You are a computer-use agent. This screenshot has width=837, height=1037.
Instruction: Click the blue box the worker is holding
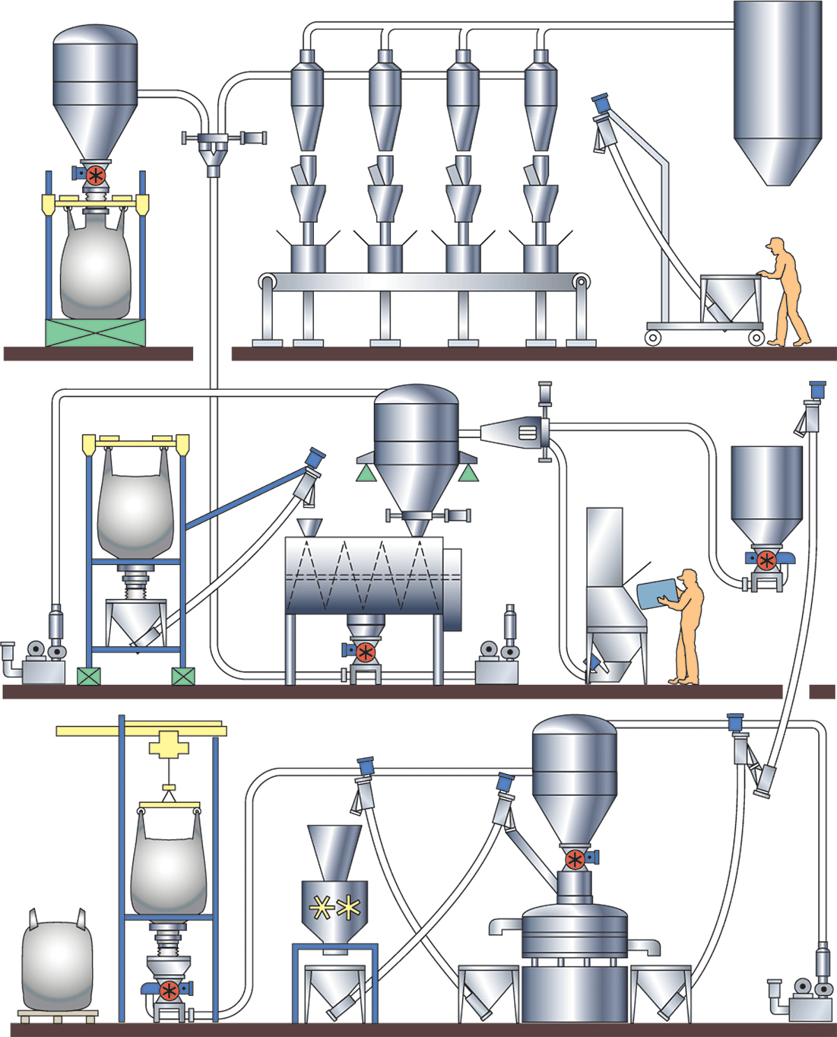click(658, 593)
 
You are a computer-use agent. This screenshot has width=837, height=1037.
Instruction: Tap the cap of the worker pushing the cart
click(774, 243)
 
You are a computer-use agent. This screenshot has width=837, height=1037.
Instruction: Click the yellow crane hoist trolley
click(169, 745)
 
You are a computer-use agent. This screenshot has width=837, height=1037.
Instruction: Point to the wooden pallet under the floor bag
click(58, 1015)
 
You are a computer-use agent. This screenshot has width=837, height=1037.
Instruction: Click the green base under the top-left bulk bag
click(96, 333)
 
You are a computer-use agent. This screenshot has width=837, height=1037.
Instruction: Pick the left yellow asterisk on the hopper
click(322, 907)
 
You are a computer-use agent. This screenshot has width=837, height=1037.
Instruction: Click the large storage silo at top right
click(777, 91)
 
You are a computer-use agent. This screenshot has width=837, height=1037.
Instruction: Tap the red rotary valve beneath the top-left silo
click(96, 174)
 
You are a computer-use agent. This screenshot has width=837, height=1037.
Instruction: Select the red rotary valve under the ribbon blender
click(365, 653)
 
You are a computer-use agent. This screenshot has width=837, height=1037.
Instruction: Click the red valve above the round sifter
click(575, 859)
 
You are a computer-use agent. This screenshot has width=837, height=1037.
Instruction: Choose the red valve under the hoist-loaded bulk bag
click(169, 990)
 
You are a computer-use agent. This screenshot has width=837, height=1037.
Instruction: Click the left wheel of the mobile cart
click(653, 338)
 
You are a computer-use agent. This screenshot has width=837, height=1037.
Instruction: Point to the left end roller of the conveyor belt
click(267, 282)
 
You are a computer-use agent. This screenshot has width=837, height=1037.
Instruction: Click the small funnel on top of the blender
click(309, 527)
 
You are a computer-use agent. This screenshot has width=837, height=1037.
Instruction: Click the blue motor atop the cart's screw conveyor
click(601, 104)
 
